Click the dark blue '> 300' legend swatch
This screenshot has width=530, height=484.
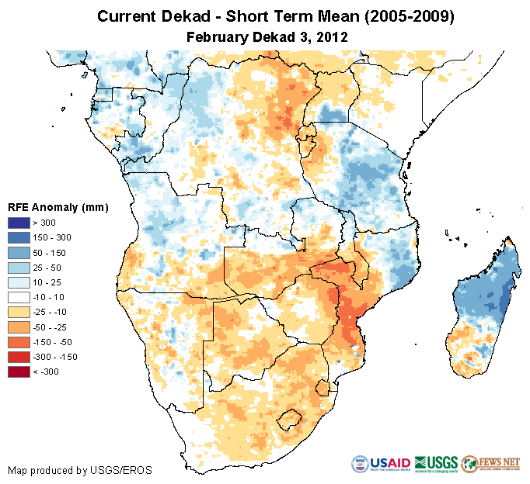click(x=19, y=223)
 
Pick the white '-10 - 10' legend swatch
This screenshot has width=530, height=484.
click(x=19, y=297)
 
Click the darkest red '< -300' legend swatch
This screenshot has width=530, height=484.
click(x=19, y=372)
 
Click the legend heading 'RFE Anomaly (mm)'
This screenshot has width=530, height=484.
click(x=58, y=207)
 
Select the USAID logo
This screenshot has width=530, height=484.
click(x=382, y=464)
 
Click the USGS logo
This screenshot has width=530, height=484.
click(x=436, y=464)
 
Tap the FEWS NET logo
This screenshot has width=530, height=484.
click(x=490, y=464)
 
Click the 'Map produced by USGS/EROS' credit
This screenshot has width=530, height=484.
click(x=80, y=471)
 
